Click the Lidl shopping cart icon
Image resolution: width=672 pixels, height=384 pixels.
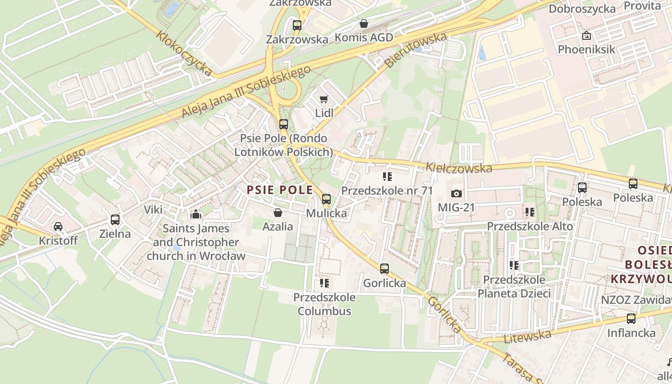[x=324, y=99]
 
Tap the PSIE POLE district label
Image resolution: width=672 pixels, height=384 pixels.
[x=280, y=190]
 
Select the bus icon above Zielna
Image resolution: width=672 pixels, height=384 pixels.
[x=115, y=220]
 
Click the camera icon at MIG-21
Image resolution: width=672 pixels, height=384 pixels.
[x=456, y=193]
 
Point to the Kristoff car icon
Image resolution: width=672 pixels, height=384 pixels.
[x=58, y=226]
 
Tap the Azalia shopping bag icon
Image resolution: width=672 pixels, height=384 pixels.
[x=277, y=212]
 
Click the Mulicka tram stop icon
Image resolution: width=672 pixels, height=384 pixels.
[x=326, y=199]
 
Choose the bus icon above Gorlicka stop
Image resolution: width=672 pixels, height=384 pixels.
[x=384, y=269]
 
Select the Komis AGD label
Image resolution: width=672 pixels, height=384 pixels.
[x=363, y=37]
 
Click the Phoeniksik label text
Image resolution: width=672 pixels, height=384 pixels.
[x=586, y=49]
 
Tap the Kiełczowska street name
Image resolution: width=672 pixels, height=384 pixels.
[x=459, y=168]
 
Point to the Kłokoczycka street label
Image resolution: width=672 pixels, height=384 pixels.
[x=185, y=54]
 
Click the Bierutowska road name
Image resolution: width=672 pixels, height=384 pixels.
[x=416, y=49]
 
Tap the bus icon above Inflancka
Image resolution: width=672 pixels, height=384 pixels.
[x=631, y=319]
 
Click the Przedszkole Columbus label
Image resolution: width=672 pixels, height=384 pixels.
[x=324, y=304]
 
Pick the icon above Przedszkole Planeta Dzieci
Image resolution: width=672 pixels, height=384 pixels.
[x=514, y=265]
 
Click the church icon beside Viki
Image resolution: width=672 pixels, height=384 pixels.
[x=195, y=214]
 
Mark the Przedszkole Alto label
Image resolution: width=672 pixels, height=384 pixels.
[x=530, y=226]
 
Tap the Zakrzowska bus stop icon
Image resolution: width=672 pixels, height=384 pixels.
[x=297, y=25]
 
